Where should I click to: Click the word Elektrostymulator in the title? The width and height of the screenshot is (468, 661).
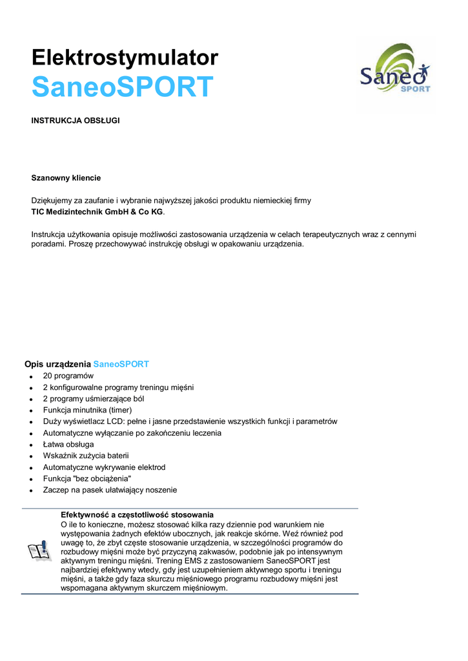(x=125, y=58)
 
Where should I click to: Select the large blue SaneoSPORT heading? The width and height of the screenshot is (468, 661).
(x=122, y=87)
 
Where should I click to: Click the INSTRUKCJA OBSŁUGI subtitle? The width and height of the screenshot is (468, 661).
(x=76, y=121)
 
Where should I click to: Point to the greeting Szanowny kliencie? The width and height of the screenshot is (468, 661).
(x=66, y=178)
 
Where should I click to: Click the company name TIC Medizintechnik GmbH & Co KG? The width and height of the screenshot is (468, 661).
(x=97, y=212)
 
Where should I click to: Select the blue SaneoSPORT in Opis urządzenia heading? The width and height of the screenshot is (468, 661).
(x=121, y=364)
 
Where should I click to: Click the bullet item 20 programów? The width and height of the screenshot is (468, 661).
(x=68, y=376)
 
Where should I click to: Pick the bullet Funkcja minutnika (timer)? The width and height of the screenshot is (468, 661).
(x=87, y=410)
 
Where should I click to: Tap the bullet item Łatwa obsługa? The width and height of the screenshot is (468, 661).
(x=68, y=445)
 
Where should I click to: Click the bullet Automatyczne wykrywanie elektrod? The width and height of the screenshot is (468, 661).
(x=104, y=467)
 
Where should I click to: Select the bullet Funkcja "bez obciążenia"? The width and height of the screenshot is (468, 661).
(x=86, y=479)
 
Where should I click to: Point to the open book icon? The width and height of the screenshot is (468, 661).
(x=39, y=551)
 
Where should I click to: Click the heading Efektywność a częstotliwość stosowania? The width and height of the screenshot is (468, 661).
(x=137, y=514)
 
